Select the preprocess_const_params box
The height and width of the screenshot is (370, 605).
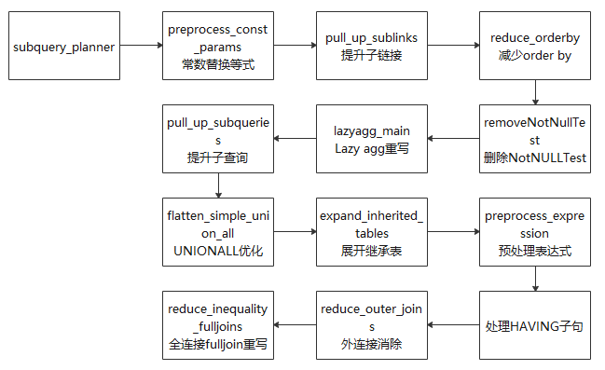pyautogui.click(x=218, y=46)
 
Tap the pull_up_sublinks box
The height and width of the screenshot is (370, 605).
pyautogui.click(x=372, y=46)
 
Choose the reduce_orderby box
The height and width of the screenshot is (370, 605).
pyautogui.click(x=535, y=46)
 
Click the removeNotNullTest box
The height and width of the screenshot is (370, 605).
pyautogui.click(x=535, y=139)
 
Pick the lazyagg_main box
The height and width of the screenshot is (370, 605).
pyautogui.click(x=372, y=139)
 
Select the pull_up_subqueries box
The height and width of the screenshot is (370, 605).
pyautogui.click(x=218, y=139)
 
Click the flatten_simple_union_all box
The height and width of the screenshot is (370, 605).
pyautogui.click(x=218, y=232)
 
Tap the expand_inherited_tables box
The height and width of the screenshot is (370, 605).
pyautogui.click(x=372, y=232)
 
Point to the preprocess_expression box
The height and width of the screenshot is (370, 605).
pyautogui.click(x=535, y=232)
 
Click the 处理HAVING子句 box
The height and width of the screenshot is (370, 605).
pyautogui.click(x=535, y=325)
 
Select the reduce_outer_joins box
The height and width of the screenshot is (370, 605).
pyautogui.click(x=372, y=325)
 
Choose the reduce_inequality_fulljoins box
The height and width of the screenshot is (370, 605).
pyautogui.click(x=218, y=325)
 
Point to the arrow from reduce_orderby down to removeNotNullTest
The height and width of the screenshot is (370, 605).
pyautogui.click(x=535, y=91)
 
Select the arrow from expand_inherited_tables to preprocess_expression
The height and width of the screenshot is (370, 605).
pyautogui.click(x=453, y=232)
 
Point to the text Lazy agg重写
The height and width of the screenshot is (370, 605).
pyautogui.click(x=372, y=148)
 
